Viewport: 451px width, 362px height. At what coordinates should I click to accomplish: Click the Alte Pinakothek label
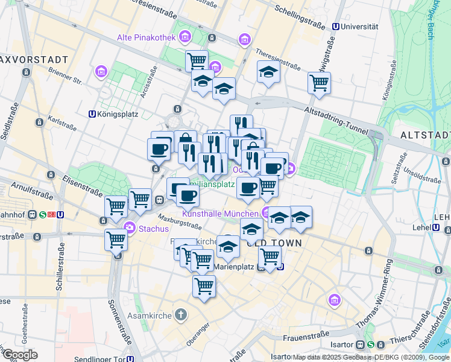[146, 38]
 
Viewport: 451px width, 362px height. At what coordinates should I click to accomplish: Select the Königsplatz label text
[118, 113]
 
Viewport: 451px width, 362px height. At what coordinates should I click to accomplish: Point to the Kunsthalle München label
[221, 214]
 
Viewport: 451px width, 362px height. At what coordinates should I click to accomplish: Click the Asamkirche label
[150, 316]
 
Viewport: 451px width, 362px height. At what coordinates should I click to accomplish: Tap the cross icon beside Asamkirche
[180, 315]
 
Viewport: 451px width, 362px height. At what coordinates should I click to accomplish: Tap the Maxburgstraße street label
[180, 221]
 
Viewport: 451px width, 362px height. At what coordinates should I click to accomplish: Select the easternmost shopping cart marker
[319, 83]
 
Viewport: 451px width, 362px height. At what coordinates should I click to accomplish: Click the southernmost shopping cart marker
[204, 285]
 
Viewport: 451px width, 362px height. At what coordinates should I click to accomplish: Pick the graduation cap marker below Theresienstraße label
[269, 71]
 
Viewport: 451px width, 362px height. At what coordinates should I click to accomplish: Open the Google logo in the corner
[20, 355]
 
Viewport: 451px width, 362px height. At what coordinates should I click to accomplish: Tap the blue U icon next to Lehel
[436, 227]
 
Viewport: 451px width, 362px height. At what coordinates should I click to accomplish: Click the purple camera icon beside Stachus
[129, 228]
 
